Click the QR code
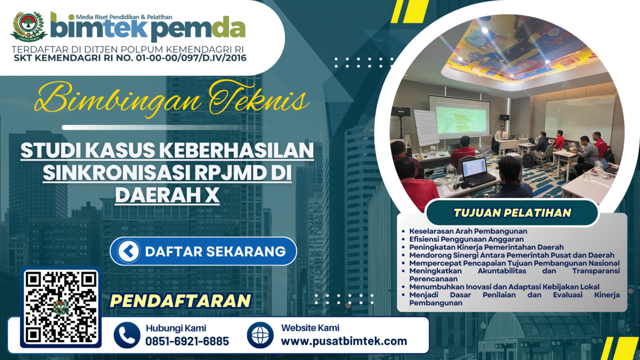61,307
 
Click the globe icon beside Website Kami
260,335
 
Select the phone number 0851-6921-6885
187,341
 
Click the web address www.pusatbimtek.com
344,341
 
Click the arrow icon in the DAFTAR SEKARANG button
128,251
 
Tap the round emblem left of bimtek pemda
29,26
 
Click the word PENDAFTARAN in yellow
180,300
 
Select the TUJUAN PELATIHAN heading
512,213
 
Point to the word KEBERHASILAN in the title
236,151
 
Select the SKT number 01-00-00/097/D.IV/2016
191,58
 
